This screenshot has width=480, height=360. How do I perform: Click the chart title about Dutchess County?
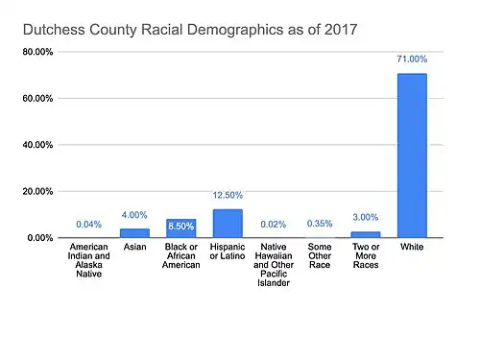[x=190, y=30]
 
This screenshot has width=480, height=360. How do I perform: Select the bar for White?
[x=412, y=156]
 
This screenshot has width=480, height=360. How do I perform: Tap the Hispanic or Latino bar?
[x=228, y=224]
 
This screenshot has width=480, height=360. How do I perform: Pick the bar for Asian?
[x=134, y=233]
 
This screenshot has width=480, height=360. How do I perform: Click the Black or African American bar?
[x=181, y=228]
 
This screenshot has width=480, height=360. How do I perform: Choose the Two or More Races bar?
[x=366, y=234]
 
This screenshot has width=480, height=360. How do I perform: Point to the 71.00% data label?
[x=412, y=59]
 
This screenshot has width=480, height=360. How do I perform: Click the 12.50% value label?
[x=228, y=195]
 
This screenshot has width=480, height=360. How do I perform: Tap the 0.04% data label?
[x=89, y=225]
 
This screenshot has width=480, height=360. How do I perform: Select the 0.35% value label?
[x=320, y=224]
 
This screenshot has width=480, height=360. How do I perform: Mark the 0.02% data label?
[x=274, y=225]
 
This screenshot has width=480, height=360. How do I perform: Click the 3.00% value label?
[x=366, y=217]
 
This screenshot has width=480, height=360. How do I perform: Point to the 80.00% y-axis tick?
[x=37, y=52]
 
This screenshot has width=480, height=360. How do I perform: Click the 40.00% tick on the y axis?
[x=37, y=145]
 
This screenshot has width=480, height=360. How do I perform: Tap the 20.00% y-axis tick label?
[x=37, y=191]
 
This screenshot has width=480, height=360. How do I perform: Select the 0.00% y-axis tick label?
[x=40, y=238]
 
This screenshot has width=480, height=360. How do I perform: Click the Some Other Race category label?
[x=320, y=255]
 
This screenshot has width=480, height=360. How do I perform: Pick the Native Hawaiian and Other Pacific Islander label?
[x=274, y=265]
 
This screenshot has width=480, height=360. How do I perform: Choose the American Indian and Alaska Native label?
[x=89, y=260]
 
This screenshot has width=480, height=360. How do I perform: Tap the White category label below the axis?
[x=412, y=247]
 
